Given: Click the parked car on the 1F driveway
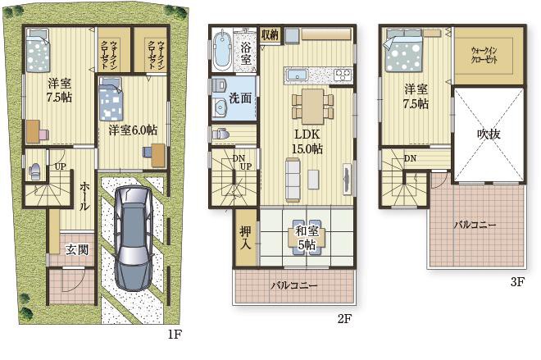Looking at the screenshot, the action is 133,239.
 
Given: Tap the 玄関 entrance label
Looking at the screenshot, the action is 77,249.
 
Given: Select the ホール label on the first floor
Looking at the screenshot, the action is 84,196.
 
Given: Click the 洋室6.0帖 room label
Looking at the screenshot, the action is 133,130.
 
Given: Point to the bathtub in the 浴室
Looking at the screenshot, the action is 221,51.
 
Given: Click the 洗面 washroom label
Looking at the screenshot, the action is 240,98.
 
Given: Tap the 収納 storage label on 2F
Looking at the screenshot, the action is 270,34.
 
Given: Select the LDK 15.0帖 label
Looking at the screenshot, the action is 307,142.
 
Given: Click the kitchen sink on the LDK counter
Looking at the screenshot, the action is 298,75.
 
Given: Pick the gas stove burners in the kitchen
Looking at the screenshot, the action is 343,75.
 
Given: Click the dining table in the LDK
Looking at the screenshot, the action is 313,107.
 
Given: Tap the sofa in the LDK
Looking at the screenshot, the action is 293,180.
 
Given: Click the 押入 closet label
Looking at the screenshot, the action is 246,238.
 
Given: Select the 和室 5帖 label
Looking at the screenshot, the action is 307,238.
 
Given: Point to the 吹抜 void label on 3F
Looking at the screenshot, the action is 489,134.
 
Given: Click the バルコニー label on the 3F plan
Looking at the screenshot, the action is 475,226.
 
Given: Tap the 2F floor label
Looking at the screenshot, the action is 344,318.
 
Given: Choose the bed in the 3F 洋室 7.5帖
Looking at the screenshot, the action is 403,50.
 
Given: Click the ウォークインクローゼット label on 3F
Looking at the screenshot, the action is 484,55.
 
